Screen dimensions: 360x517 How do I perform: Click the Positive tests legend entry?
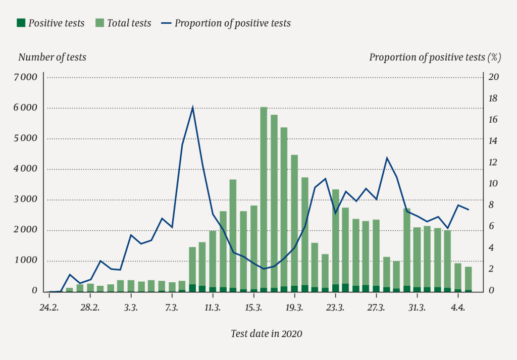click(50, 23)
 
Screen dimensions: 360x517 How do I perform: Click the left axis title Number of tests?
click(52, 57)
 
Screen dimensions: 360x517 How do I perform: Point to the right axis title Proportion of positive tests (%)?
click(435, 57)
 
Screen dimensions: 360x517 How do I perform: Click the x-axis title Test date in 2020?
click(267, 333)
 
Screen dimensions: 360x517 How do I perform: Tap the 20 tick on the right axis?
click(494, 77)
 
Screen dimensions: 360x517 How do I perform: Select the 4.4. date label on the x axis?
click(458, 307)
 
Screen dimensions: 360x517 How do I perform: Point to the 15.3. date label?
click(253, 307)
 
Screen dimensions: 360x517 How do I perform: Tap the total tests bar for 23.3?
click(335, 237)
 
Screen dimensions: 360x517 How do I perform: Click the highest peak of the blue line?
click(192, 108)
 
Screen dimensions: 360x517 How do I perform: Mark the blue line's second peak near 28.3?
click(387, 158)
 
